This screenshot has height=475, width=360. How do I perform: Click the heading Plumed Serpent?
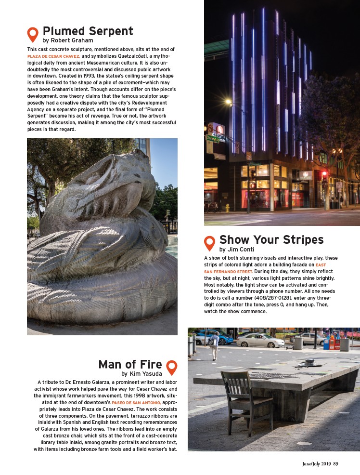88,31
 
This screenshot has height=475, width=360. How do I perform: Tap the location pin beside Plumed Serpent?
33,34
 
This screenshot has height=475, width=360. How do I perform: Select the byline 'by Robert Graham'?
67,41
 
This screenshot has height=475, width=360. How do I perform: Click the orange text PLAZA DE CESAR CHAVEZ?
53,56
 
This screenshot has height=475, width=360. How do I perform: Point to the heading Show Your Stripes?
271,239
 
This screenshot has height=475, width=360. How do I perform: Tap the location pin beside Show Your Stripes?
209,243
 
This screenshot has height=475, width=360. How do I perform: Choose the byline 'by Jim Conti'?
237,250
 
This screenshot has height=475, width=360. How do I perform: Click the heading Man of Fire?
130,364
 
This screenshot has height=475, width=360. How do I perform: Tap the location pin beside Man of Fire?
171,367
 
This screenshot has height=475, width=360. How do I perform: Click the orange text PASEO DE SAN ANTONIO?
136,402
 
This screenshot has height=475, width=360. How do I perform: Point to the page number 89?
335,463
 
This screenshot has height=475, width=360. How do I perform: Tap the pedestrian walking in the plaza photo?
215,344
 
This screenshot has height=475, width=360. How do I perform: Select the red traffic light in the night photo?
324,173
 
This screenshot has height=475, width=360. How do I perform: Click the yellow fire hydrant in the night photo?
227,208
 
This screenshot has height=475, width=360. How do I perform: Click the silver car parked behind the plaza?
259,341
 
